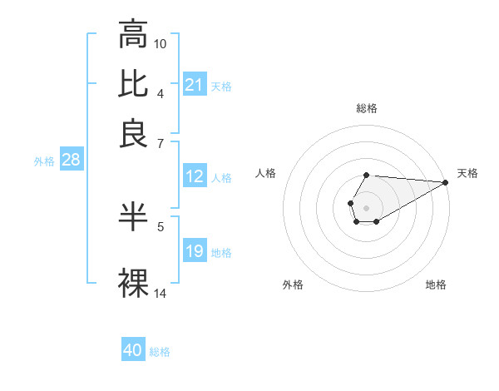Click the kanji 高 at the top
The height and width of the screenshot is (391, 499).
tap(134, 35)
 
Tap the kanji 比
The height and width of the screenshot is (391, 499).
tap(134, 84)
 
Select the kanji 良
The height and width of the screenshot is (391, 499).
tap(134, 132)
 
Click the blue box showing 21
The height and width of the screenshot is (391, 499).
tap(194, 85)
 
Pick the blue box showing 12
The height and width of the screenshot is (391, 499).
tap(194, 176)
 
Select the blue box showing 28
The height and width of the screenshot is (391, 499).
tap(71, 161)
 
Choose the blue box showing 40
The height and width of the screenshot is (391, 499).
tap(133, 350)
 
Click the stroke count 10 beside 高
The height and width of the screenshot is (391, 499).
tap(161, 43)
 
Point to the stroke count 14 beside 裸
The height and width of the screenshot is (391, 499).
tap(161, 293)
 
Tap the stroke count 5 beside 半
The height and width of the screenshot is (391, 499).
tap(161, 225)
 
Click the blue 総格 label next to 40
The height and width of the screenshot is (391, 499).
tap(160, 352)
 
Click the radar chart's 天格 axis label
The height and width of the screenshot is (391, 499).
tap(468, 173)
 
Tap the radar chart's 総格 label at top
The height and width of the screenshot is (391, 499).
tap(366, 108)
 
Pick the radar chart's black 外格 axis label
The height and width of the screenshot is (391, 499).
tap(293, 285)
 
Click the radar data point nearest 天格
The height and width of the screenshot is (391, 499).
tap(445, 181)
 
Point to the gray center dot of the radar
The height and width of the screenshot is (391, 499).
tap(366, 206)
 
